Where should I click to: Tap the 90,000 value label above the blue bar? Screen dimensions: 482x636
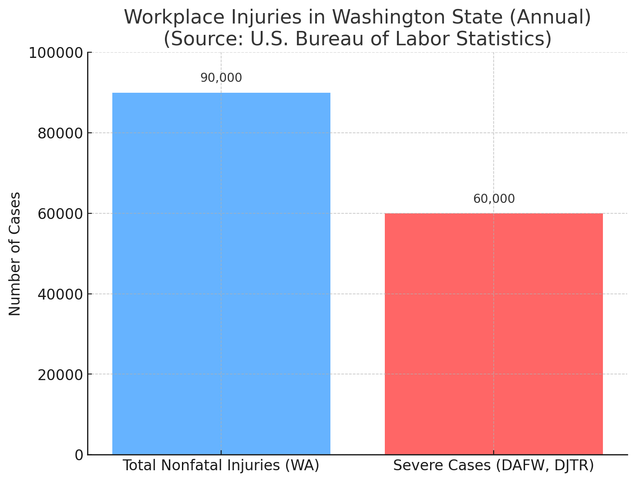(x=221, y=78)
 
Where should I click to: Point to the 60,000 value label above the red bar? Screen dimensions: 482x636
(x=494, y=199)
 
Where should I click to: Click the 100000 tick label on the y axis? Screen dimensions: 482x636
(x=55, y=53)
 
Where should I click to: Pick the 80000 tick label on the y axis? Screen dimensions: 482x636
(x=60, y=133)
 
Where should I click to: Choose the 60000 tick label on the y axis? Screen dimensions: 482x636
(x=60, y=214)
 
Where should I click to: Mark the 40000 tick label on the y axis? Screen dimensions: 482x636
(x=60, y=294)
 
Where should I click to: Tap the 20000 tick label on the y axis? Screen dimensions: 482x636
(x=60, y=374)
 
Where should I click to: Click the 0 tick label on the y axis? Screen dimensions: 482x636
(x=79, y=455)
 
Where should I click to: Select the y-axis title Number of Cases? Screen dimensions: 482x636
(x=15, y=253)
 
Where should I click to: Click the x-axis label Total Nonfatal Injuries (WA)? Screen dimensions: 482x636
(x=221, y=465)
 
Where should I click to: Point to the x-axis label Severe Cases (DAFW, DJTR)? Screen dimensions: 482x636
(x=494, y=465)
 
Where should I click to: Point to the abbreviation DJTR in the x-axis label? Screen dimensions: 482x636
(x=574, y=465)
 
